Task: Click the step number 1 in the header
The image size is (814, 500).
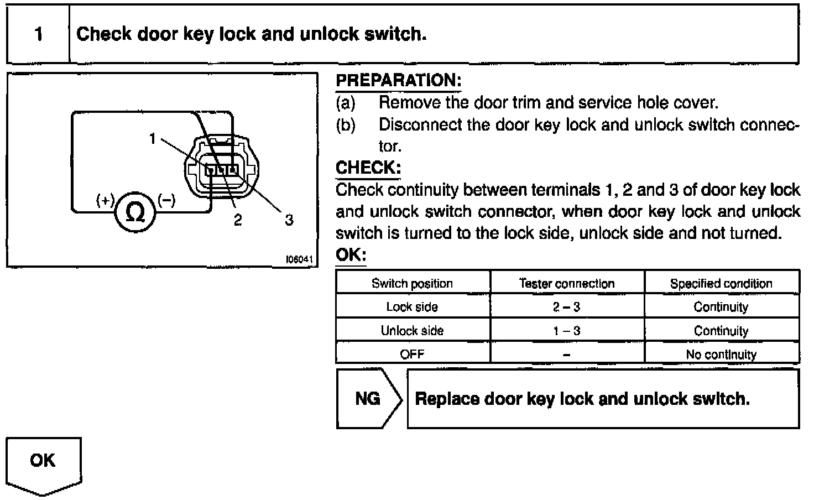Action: pyautogui.click(x=38, y=34)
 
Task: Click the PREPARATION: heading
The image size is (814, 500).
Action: pyautogui.click(x=398, y=81)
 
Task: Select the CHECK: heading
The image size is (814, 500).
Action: pyautogui.click(x=368, y=168)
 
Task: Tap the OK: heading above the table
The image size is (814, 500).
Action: pyautogui.click(x=351, y=255)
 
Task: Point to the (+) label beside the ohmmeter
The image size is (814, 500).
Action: pyautogui.click(x=105, y=200)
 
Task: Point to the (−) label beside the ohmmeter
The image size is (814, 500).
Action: pyautogui.click(x=166, y=200)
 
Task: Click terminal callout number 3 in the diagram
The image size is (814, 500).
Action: pyautogui.click(x=289, y=220)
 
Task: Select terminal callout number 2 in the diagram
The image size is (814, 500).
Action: pyautogui.click(x=238, y=220)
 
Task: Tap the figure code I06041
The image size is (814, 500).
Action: pyautogui.click(x=299, y=259)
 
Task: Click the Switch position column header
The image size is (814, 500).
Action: pyautogui.click(x=412, y=283)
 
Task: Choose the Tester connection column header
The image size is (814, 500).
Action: pyautogui.click(x=567, y=283)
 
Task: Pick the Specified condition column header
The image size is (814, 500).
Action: pyautogui.click(x=721, y=283)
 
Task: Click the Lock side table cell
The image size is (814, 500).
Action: pyautogui.click(x=412, y=307)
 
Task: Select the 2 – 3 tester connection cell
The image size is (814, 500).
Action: pyautogui.click(x=567, y=307)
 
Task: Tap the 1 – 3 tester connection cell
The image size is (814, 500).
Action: pyautogui.click(x=567, y=331)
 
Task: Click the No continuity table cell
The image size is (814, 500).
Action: pyautogui.click(x=721, y=354)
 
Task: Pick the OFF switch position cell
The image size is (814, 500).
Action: pyautogui.click(x=412, y=354)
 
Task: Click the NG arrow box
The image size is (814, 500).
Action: pyautogui.click(x=368, y=398)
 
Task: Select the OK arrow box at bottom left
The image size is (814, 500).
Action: pyautogui.click(x=43, y=462)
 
